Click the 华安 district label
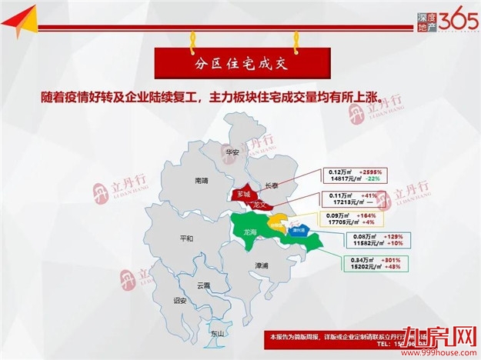[x=233, y=152]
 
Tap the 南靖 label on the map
[x=202, y=181]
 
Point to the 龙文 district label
[x=259, y=205]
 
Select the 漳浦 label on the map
[x=262, y=265]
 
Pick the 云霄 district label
[x=203, y=285]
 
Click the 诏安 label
[x=181, y=300]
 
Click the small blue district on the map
[x=297, y=229]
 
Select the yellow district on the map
[x=276, y=224]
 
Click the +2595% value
[x=367, y=172]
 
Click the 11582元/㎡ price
[x=360, y=243]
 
